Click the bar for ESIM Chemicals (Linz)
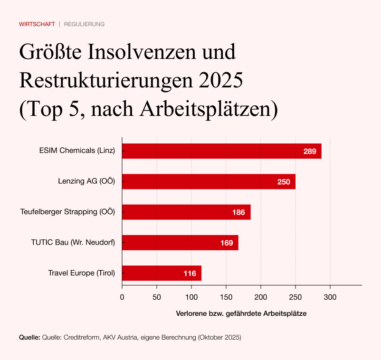click(x=221, y=152)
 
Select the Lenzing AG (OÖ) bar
click(x=209, y=182)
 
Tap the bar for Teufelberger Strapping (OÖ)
click(x=186, y=212)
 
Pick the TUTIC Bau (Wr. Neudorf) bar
click(x=180, y=243)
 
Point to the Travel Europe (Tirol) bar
click(x=162, y=273)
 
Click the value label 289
click(x=310, y=152)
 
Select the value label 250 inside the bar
click(x=284, y=182)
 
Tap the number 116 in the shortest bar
click(x=190, y=273)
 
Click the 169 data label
click(x=227, y=243)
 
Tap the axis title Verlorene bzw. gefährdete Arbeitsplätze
click(x=241, y=313)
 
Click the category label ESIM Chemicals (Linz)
click(x=77, y=152)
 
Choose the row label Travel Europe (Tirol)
click(x=82, y=273)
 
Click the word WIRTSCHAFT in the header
click(x=37, y=24)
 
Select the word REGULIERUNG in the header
click(x=84, y=24)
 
